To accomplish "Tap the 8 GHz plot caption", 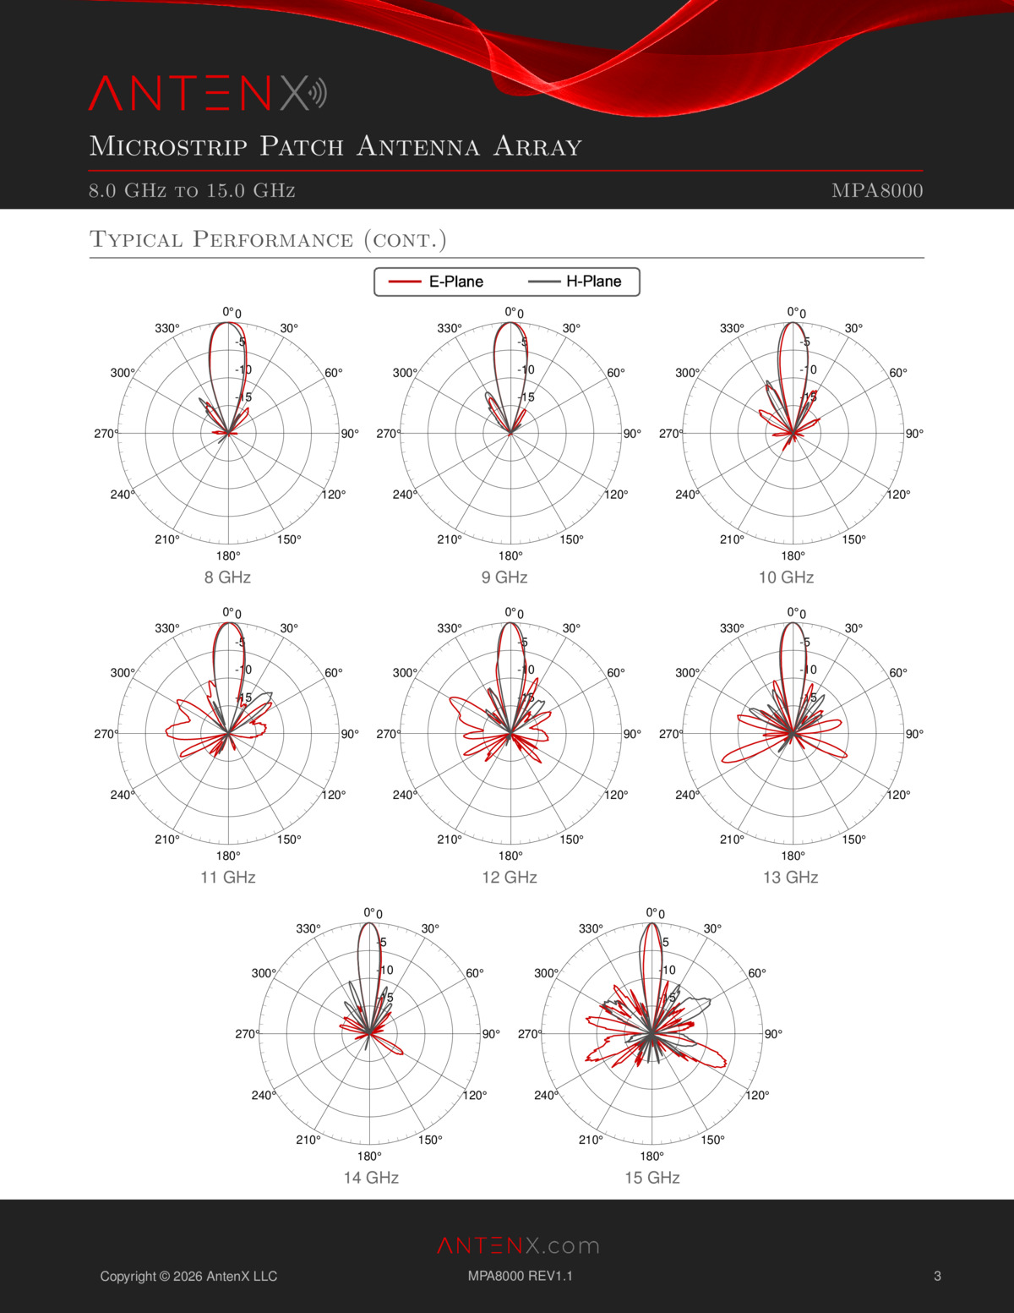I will tap(227, 577).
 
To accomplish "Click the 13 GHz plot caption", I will tap(791, 878).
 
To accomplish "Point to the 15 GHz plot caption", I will tap(652, 1178).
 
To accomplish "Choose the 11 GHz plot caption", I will tap(227, 878).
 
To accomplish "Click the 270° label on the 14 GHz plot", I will tap(246, 1034).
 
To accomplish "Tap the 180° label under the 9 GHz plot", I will tap(510, 556).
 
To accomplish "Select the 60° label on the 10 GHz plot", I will tap(897, 373).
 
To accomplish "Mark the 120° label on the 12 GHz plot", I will tap(616, 795).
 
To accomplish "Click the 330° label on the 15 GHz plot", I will tap(591, 929).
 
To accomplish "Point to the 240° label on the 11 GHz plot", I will tap(122, 795).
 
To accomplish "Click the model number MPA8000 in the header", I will tap(877, 190).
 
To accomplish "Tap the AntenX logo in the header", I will tap(207, 93).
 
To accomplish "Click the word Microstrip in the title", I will tap(168, 146).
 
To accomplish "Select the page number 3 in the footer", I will tap(937, 1276).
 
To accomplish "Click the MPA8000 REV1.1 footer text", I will tap(520, 1276).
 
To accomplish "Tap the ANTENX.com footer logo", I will tap(519, 1245).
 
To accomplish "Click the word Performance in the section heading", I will tap(273, 239).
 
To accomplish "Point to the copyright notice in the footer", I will tap(188, 1276).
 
